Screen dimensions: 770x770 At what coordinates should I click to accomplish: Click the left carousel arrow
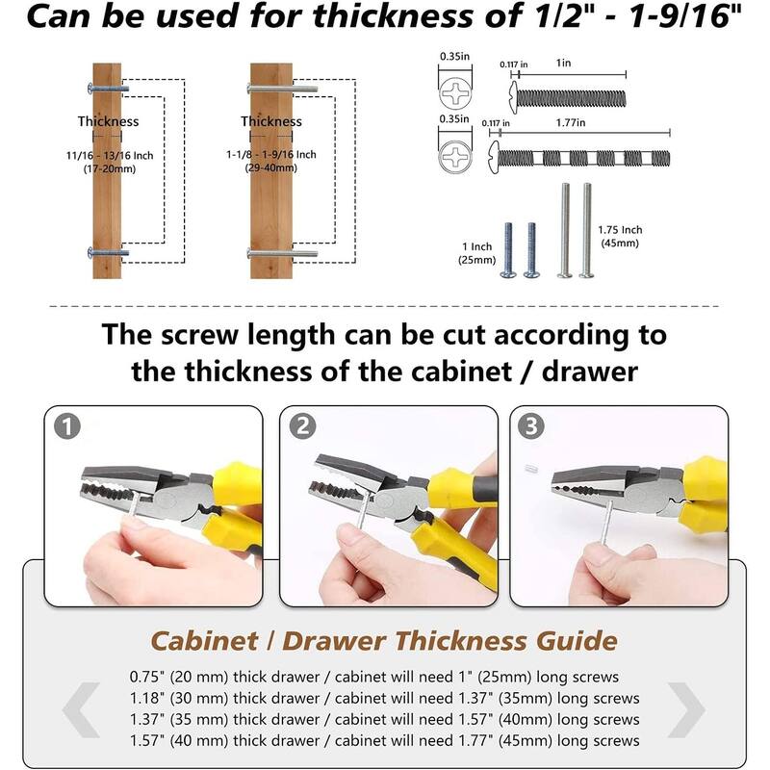tap(81, 710)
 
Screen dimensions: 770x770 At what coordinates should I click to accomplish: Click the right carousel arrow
tap(686, 710)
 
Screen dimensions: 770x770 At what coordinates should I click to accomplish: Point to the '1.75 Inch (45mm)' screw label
tap(620, 237)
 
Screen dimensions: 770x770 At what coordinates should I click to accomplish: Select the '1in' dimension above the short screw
tap(564, 63)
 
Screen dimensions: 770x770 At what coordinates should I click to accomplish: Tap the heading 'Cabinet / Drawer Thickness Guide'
tap(383, 640)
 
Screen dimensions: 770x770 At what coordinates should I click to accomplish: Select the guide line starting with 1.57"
tap(383, 741)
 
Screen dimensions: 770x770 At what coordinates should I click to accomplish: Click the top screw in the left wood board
tap(108, 89)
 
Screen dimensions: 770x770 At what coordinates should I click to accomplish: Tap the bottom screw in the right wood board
tap(281, 253)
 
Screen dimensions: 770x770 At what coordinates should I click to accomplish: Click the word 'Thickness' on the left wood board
tap(108, 121)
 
